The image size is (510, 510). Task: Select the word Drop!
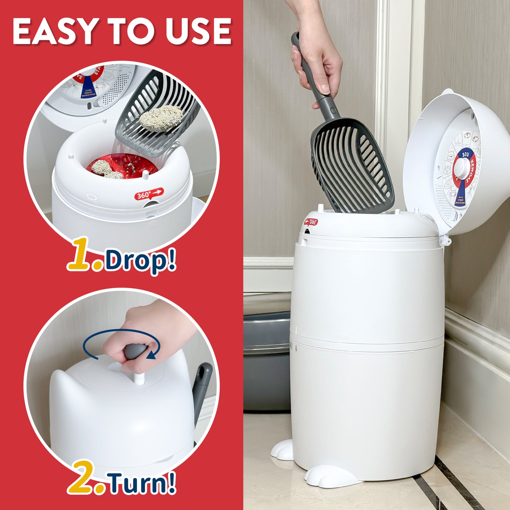click(140, 260)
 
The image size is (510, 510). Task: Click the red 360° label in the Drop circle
click(149, 194)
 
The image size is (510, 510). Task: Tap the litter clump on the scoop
click(161, 118)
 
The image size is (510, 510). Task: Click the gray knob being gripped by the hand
click(136, 352)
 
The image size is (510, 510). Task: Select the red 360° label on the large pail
click(311, 222)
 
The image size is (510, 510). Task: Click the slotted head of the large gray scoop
click(352, 166)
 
